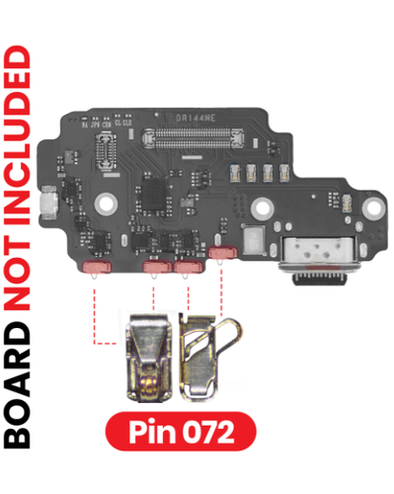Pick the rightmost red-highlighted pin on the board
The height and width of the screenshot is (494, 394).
[x=221, y=255]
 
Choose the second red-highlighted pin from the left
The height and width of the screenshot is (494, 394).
[x=155, y=266]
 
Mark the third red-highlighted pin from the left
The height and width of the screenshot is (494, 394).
[x=186, y=266]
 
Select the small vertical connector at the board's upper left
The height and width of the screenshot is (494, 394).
[x=106, y=149]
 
